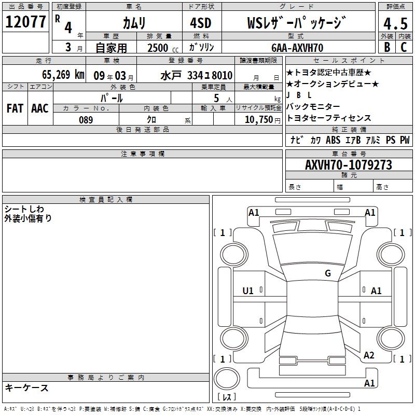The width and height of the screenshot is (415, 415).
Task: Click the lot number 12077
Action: [x=25, y=22]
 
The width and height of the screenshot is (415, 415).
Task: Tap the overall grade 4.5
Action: [x=395, y=23]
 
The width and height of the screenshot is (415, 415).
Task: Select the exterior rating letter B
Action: [x=387, y=47]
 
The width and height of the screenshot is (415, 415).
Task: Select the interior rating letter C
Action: [x=404, y=47]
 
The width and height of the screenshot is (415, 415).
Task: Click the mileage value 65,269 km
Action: [x=63, y=75]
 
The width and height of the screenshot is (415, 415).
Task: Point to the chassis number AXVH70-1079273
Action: [x=349, y=165]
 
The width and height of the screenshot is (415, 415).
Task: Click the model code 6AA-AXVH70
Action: [x=297, y=48]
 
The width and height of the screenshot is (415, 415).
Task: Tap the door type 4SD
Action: [x=201, y=23]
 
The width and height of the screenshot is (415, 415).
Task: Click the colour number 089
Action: [x=86, y=120]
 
